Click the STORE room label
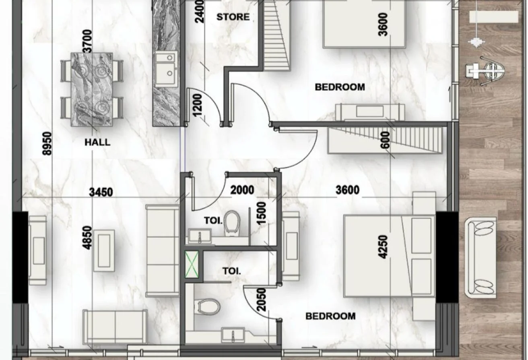[x=233, y=17]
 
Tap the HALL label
[x=97, y=142]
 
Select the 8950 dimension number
[x=47, y=144]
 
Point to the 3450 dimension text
[x=101, y=192]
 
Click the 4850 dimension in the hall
[x=87, y=238]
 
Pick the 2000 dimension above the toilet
[x=242, y=190]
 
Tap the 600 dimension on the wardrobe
[x=385, y=140]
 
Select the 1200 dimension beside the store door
[x=198, y=105]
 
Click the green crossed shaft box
[x=192, y=264]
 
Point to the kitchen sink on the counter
[x=166, y=70]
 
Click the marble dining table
[x=92, y=90]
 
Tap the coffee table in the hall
[x=104, y=250]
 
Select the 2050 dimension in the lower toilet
[x=261, y=300]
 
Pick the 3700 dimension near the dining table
[x=88, y=41]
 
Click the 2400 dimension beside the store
[x=199, y=11]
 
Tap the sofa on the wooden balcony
[x=481, y=258]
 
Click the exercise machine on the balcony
[x=486, y=71]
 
